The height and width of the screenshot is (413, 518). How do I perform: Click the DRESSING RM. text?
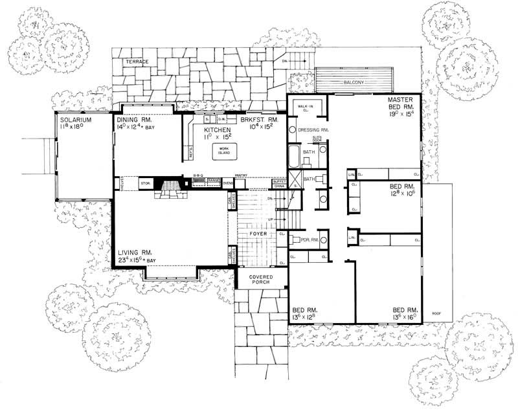pyautogui.click(x=315, y=129)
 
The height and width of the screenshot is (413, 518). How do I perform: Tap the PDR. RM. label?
pyautogui.click(x=303, y=239)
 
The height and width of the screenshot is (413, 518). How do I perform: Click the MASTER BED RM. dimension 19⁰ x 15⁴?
pyautogui.click(x=405, y=114)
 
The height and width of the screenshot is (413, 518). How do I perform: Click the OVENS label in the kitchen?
pyautogui.click(x=227, y=183)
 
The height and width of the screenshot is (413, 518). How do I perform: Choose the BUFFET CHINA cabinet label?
pyautogui.click(x=280, y=184)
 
